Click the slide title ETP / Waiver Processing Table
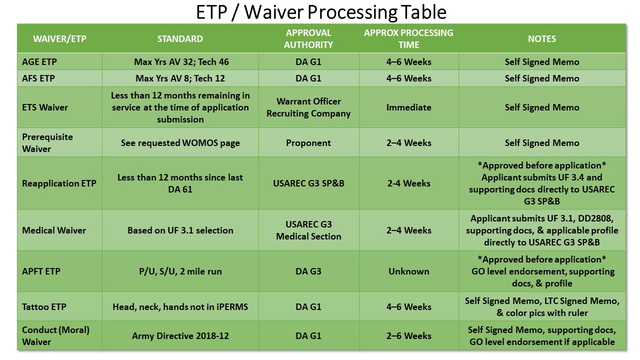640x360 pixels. [321, 12]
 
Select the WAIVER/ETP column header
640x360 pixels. [59, 39]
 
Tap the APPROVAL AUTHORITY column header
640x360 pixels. [308, 39]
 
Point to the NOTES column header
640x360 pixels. [542, 39]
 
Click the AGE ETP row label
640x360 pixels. [39, 61]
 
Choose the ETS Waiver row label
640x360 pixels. [45, 107]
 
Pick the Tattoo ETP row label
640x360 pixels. [44, 307]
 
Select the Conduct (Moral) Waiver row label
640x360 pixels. [55, 335]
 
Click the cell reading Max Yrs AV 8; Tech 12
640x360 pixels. [180, 78]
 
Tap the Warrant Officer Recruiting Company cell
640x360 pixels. [308, 107]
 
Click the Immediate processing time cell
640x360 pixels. [409, 107]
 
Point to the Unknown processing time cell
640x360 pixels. [409, 271]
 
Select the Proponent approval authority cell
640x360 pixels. [308, 143]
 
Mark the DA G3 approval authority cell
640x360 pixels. [308, 271]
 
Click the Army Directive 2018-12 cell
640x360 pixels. [180, 335]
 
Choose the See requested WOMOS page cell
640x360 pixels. [180, 143]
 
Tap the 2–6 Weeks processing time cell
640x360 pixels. [409, 335]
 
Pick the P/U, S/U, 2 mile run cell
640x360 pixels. [180, 271]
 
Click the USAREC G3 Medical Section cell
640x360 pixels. [308, 230]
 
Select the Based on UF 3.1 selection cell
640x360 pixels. [180, 230]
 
